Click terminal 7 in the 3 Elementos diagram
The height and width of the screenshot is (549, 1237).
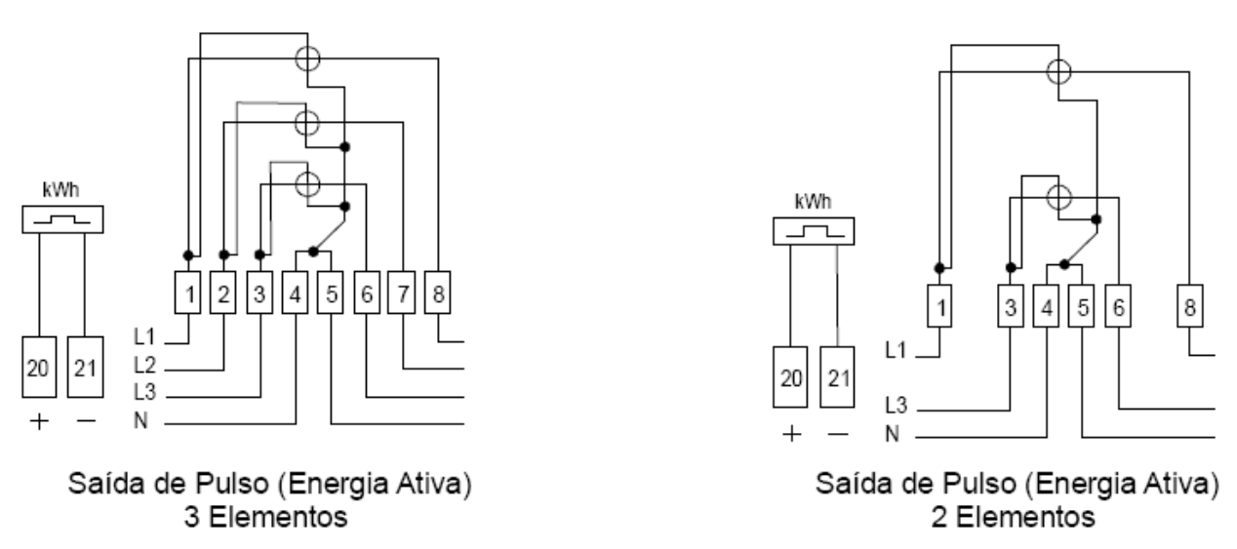(x=402, y=293)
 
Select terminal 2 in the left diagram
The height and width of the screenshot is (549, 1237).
(x=223, y=293)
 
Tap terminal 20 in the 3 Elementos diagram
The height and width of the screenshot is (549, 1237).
(x=39, y=367)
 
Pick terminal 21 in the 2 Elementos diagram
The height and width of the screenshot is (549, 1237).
(x=837, y=377)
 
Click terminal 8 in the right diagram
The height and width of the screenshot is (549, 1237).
(x=1190, y=306)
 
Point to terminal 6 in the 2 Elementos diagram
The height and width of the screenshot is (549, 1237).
(x=1118, y=306)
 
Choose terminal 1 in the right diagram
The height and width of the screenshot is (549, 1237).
(x=939, y=306)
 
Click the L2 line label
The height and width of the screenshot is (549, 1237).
(x=144, y=365)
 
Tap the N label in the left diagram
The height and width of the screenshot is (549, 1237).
(x=140, y=420)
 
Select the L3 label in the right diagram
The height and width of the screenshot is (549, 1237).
(x=896, y=406)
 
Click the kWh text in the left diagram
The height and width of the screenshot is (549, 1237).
(x=60, y=190)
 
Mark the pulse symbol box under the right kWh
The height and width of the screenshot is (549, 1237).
(x=814, y=231)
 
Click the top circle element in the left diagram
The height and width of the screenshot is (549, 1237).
(x=307, y=59)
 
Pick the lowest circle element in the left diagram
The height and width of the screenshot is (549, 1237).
(x=307, y=184)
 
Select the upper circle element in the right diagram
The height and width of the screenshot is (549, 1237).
(x=1058, y=72)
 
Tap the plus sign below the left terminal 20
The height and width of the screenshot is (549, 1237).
(x=39, y=422)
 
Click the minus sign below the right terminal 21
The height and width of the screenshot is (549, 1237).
(x=838, y=434)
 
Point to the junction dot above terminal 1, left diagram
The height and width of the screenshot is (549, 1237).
(x=188, y=255)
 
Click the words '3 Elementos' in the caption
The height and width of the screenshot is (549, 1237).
(x=265, y=518)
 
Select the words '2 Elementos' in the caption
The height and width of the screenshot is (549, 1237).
(x=1013, y=518)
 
